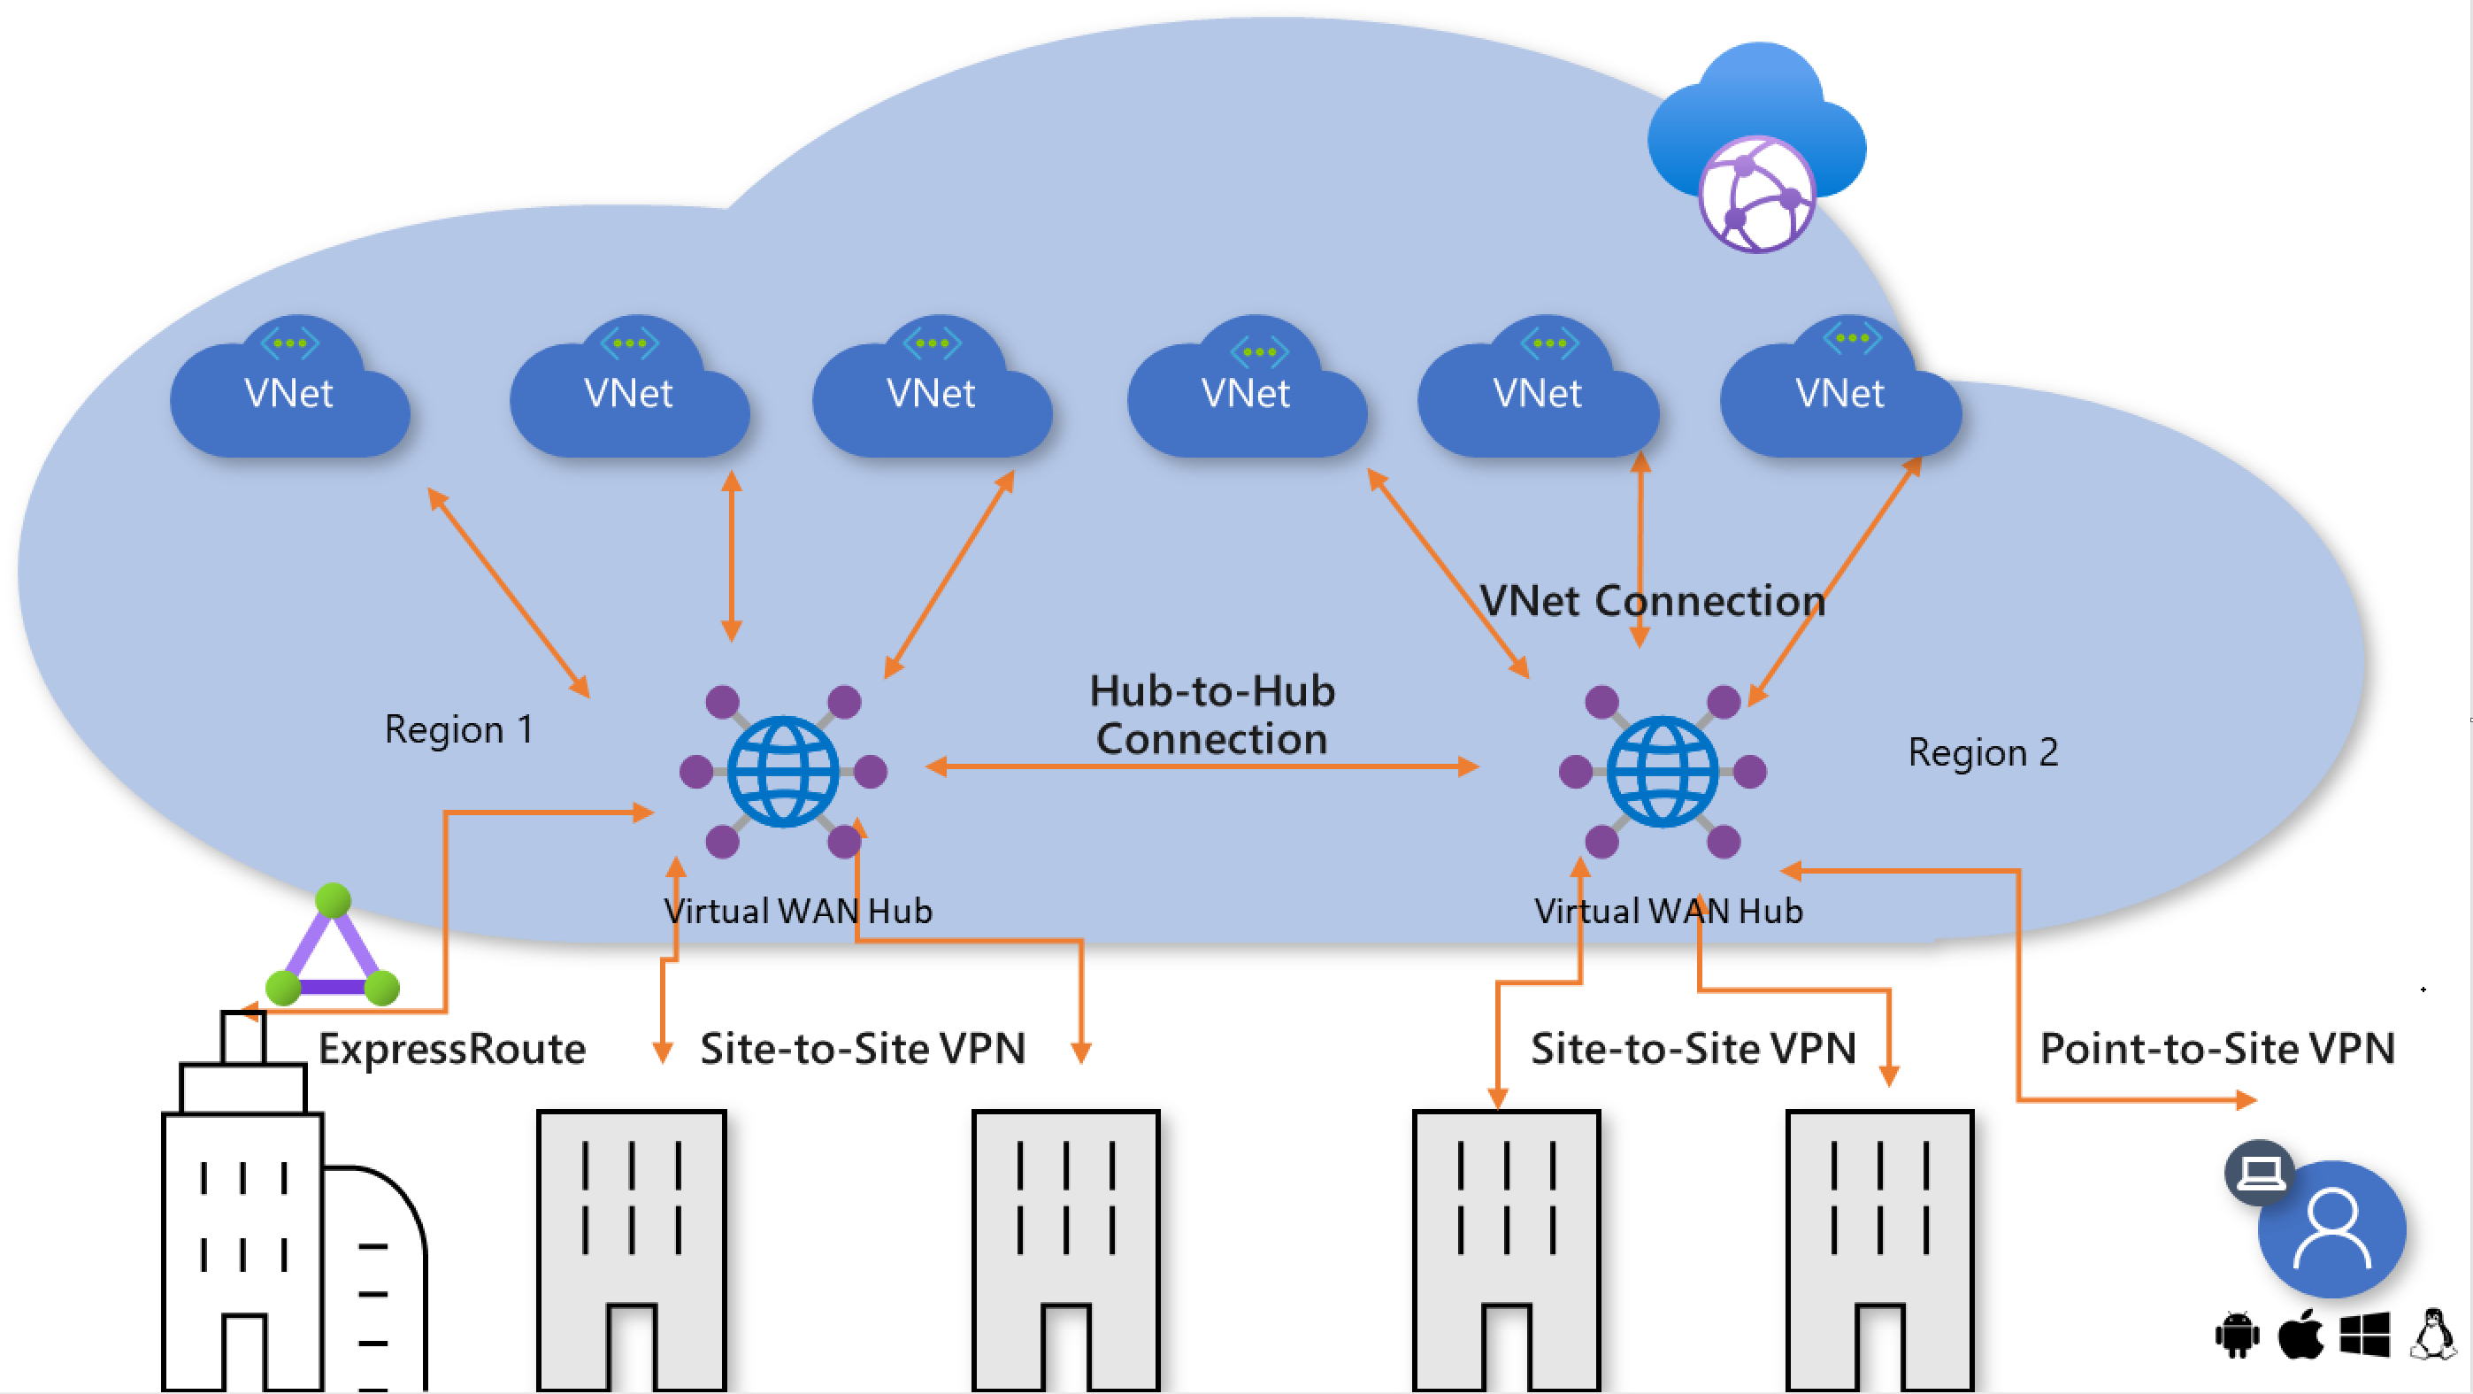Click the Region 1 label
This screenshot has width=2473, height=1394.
coord(458,729)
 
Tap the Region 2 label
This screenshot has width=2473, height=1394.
coord(1983,752)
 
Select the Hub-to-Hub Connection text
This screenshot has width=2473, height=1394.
coord(1211,715)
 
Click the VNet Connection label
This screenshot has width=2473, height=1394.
coord(1651,601)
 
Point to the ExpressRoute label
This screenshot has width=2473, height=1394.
coord(451,1049)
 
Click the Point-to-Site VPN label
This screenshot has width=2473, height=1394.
coord(2216,1049)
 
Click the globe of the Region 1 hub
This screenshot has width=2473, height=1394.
coord(783,771)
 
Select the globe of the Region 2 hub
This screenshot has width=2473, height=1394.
coord(1663,771)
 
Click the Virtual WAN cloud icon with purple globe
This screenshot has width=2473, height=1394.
coord(1757,147)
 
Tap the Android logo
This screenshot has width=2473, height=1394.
coord(2238,1336)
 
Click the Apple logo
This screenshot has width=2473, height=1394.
coord(2300,1335)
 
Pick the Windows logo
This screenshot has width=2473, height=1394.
coord(2364,1336)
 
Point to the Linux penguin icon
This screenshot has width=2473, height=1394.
coord(2432,1335)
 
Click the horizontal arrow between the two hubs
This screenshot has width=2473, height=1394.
coord(1202,766)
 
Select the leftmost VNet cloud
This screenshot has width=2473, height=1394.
coord(290,386)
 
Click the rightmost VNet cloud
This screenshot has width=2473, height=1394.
coord(1841,386)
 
